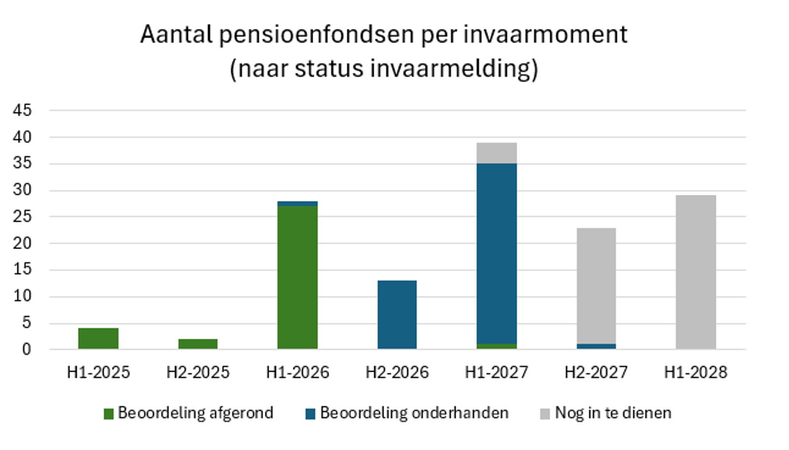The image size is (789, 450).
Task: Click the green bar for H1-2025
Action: [x=98, y=338]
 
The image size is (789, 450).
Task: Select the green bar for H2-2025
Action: [x=198, y=344]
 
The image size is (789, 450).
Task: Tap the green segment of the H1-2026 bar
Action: [x=297, y=277]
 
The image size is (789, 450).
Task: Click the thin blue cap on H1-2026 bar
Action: [x=297, y=203]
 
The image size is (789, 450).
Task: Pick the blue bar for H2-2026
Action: [x=397, y=315]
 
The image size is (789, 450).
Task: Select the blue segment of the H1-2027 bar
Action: [x=497, y=254]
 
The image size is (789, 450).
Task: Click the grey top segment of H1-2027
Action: [x=497, y=153]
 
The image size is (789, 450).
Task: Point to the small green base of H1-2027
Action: [x=497, y=346]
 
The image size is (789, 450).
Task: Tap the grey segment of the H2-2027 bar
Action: [x=596, y=286]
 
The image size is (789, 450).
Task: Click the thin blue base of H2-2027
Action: [x=596, y=346]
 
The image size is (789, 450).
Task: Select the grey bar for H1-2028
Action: [x=696, y=272]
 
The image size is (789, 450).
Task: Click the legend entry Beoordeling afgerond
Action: [x=195, y=413]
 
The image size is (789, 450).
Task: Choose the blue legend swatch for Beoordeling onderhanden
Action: [x=310, y=414]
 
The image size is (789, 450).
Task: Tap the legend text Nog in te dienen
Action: [x=613, y=413]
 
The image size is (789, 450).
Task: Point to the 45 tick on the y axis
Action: [x=22, y=110]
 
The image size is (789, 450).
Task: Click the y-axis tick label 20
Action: [x=22, y=243]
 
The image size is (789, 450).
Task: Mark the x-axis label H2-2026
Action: [x=397, y=372]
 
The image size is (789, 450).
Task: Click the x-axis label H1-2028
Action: [x=696, y=372]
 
